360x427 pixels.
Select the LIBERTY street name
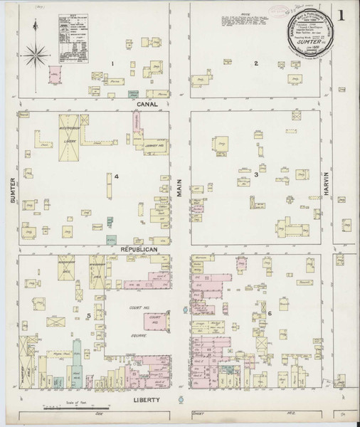point(146,401)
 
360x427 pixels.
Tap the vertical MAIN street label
point(180,186)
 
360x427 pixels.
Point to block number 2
point(255,64)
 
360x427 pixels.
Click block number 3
point(255,174)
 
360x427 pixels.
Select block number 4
point(115,176)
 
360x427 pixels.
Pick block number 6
point(270,313)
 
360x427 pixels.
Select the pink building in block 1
point(53,75)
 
